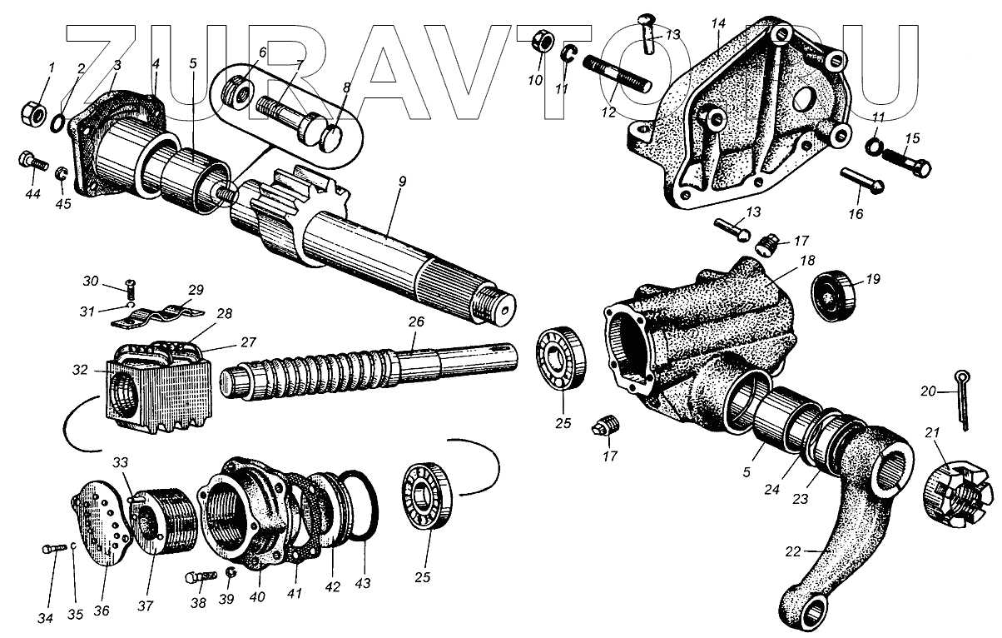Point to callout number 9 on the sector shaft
pos(401,182)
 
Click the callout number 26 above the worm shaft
pos(416,321)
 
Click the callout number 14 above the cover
pos(717,22)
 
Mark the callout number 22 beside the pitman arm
pos(794,551)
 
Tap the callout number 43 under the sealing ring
pos(364,585)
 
